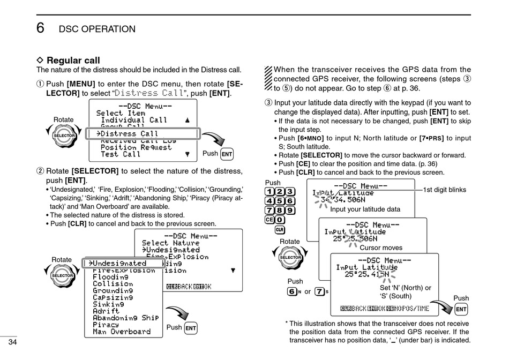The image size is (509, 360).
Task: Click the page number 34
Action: point(13,342)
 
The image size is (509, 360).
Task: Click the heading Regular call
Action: point(73,61)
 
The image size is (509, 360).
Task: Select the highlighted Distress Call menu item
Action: point(130,133)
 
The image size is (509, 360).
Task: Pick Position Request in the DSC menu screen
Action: point(136,147)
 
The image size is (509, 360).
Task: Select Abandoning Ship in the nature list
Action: point(125,318)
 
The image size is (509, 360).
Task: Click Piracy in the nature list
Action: point(106,325)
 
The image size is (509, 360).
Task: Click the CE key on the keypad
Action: point(269,219)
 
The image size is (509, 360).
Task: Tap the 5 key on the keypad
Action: point(280,201)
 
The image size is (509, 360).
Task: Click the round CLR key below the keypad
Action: point(280,230)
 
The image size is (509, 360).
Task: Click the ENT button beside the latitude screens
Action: point(461,309)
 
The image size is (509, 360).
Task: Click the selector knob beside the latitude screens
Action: point(290,258)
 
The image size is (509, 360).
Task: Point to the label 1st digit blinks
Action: point(445,190)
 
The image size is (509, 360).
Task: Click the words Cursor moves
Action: point(381,248)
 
